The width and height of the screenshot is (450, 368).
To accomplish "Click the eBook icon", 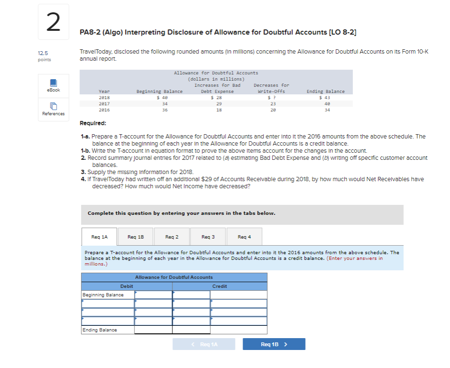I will point(53,83).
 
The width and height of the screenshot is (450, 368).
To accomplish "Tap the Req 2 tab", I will point(172,237).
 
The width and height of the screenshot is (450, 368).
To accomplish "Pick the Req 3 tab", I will point(208,237).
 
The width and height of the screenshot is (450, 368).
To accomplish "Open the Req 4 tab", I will point(244,237).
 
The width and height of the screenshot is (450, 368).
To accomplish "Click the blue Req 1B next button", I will point(274,344).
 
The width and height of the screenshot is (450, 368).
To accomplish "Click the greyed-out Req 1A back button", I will point(204,344).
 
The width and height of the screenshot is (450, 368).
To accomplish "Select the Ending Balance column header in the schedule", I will point(325,92).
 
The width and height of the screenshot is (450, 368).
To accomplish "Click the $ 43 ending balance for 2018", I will point(325,98).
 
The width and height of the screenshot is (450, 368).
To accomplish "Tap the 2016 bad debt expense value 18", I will point(219,110).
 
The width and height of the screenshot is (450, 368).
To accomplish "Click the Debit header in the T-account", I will point(126,286).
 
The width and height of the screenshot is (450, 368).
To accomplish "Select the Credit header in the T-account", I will point(219,286).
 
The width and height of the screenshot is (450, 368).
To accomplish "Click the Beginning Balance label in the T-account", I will point(103,295).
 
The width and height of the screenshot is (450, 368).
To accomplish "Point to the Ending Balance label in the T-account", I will point(99,330).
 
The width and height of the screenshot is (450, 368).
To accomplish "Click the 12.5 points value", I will point(43,54).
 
